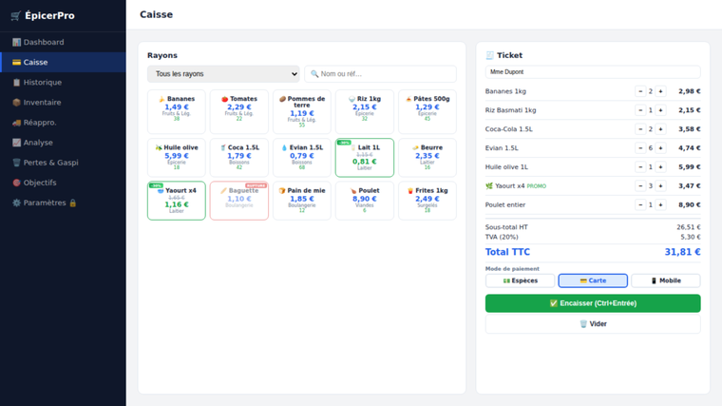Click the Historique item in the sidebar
coord(42,83)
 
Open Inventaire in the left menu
coord(42,103)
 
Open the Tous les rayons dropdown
coord(223,74)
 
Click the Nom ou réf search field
coord(380,74)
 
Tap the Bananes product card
coord(177,110)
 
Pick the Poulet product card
coord(365,201)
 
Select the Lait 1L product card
coord(365,157)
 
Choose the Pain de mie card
coord(302,201)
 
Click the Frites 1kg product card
coord(427,201)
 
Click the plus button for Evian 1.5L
coord(660,148)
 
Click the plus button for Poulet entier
coord(660,205)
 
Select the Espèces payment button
coord(520,280)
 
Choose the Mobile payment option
coord(665,280)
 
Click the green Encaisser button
coord(593,303)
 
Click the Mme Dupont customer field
coord(593,71)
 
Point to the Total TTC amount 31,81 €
coord(682,252)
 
